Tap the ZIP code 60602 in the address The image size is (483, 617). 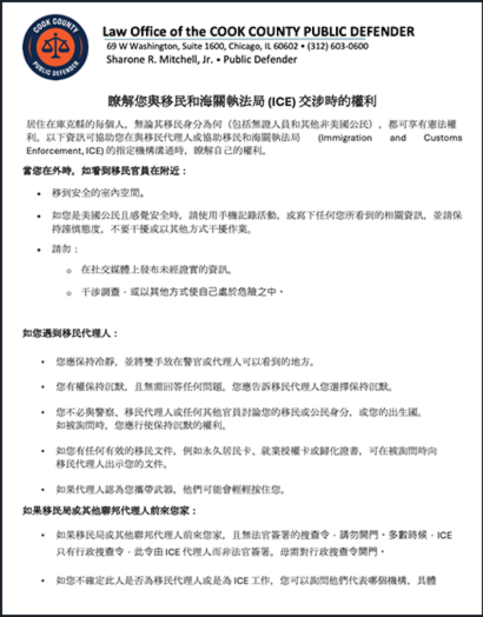pyautogui.click(x=287, y=46)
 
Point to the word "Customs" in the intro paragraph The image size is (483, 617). pyautogui.click(x=442, y=138)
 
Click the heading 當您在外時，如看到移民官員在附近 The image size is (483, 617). pyautogui.click(x=105, y=171)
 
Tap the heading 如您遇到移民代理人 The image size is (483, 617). pyautogui.click(x=70, y=333)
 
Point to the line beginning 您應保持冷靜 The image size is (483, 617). pyautogui.click(x=185, y=361)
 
